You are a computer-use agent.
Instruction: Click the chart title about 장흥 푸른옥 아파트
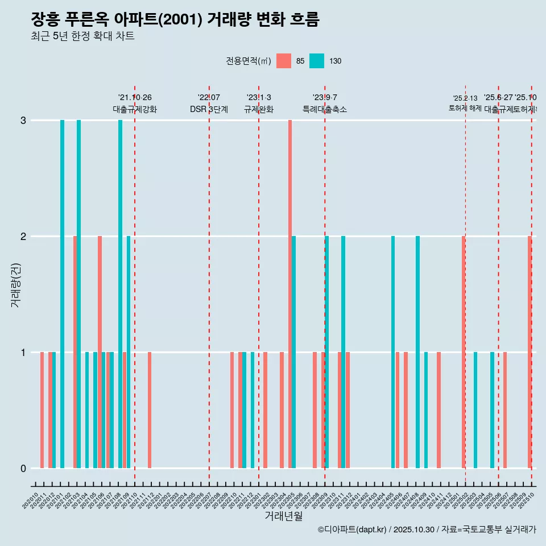[175, 20]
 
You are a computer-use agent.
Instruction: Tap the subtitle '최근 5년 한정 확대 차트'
[83, 36]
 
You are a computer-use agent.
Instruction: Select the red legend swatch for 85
[283, 61]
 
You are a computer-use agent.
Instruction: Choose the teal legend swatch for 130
[317, 61]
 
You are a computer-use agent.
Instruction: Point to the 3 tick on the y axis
[23, 121]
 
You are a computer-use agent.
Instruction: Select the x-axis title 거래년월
[283, 516]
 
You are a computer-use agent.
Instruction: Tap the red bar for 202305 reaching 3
[289, 294]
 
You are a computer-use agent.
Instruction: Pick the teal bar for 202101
[63, 294]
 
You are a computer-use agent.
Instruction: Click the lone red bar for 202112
[150, 410]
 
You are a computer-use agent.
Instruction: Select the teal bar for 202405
[393, 352]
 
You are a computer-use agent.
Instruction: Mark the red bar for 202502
[464, 352]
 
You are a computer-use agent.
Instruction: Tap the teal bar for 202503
[475, 410]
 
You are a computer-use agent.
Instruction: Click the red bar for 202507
[504, 410]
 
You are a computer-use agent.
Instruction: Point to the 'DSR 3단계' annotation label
[209, 110]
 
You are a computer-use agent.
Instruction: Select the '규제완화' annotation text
[259, 110]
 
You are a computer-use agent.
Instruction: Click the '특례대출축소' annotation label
[324, 110]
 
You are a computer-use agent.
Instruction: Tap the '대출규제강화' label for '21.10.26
[135, 110]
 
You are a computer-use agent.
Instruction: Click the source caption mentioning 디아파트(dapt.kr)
[427, 530]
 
